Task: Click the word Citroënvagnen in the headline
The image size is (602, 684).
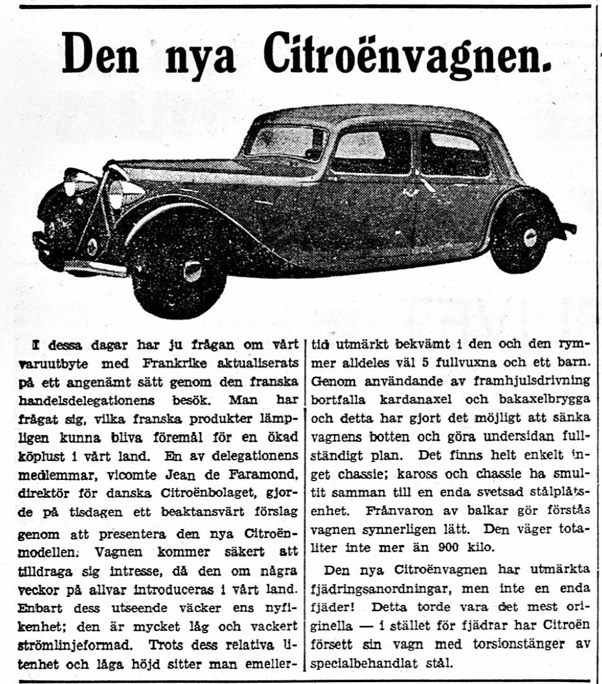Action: pos(407,55)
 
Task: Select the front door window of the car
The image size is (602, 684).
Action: pos(371,151)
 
